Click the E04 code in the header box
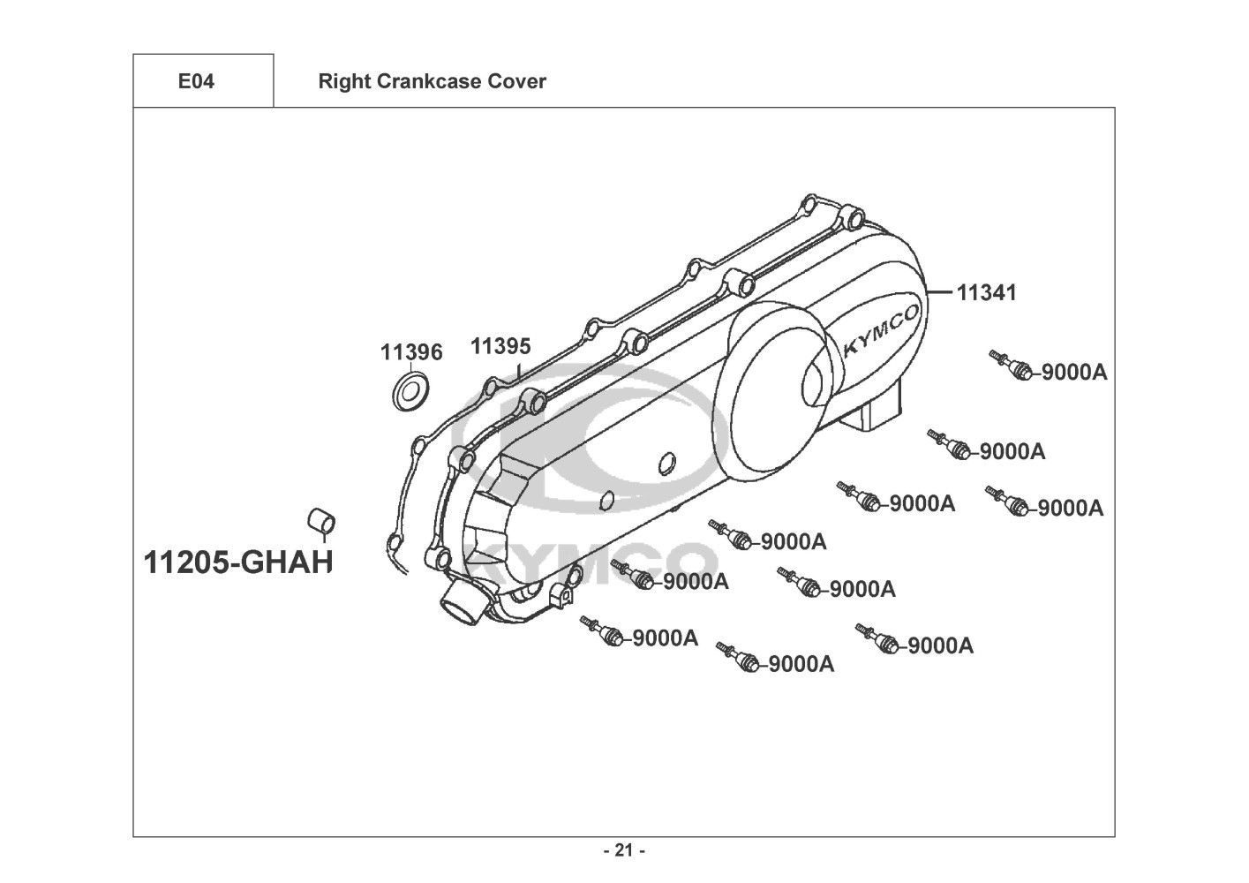196,81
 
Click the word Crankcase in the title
428,81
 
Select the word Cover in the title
516,81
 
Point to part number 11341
986,293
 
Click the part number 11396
411,352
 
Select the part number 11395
500,346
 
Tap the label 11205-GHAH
238,562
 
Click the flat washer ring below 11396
411,390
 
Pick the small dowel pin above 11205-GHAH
321,520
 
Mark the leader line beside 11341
939,291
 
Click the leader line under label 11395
518,373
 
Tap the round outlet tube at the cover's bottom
463,603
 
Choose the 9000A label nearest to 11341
1074,373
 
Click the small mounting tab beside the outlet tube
562,594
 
